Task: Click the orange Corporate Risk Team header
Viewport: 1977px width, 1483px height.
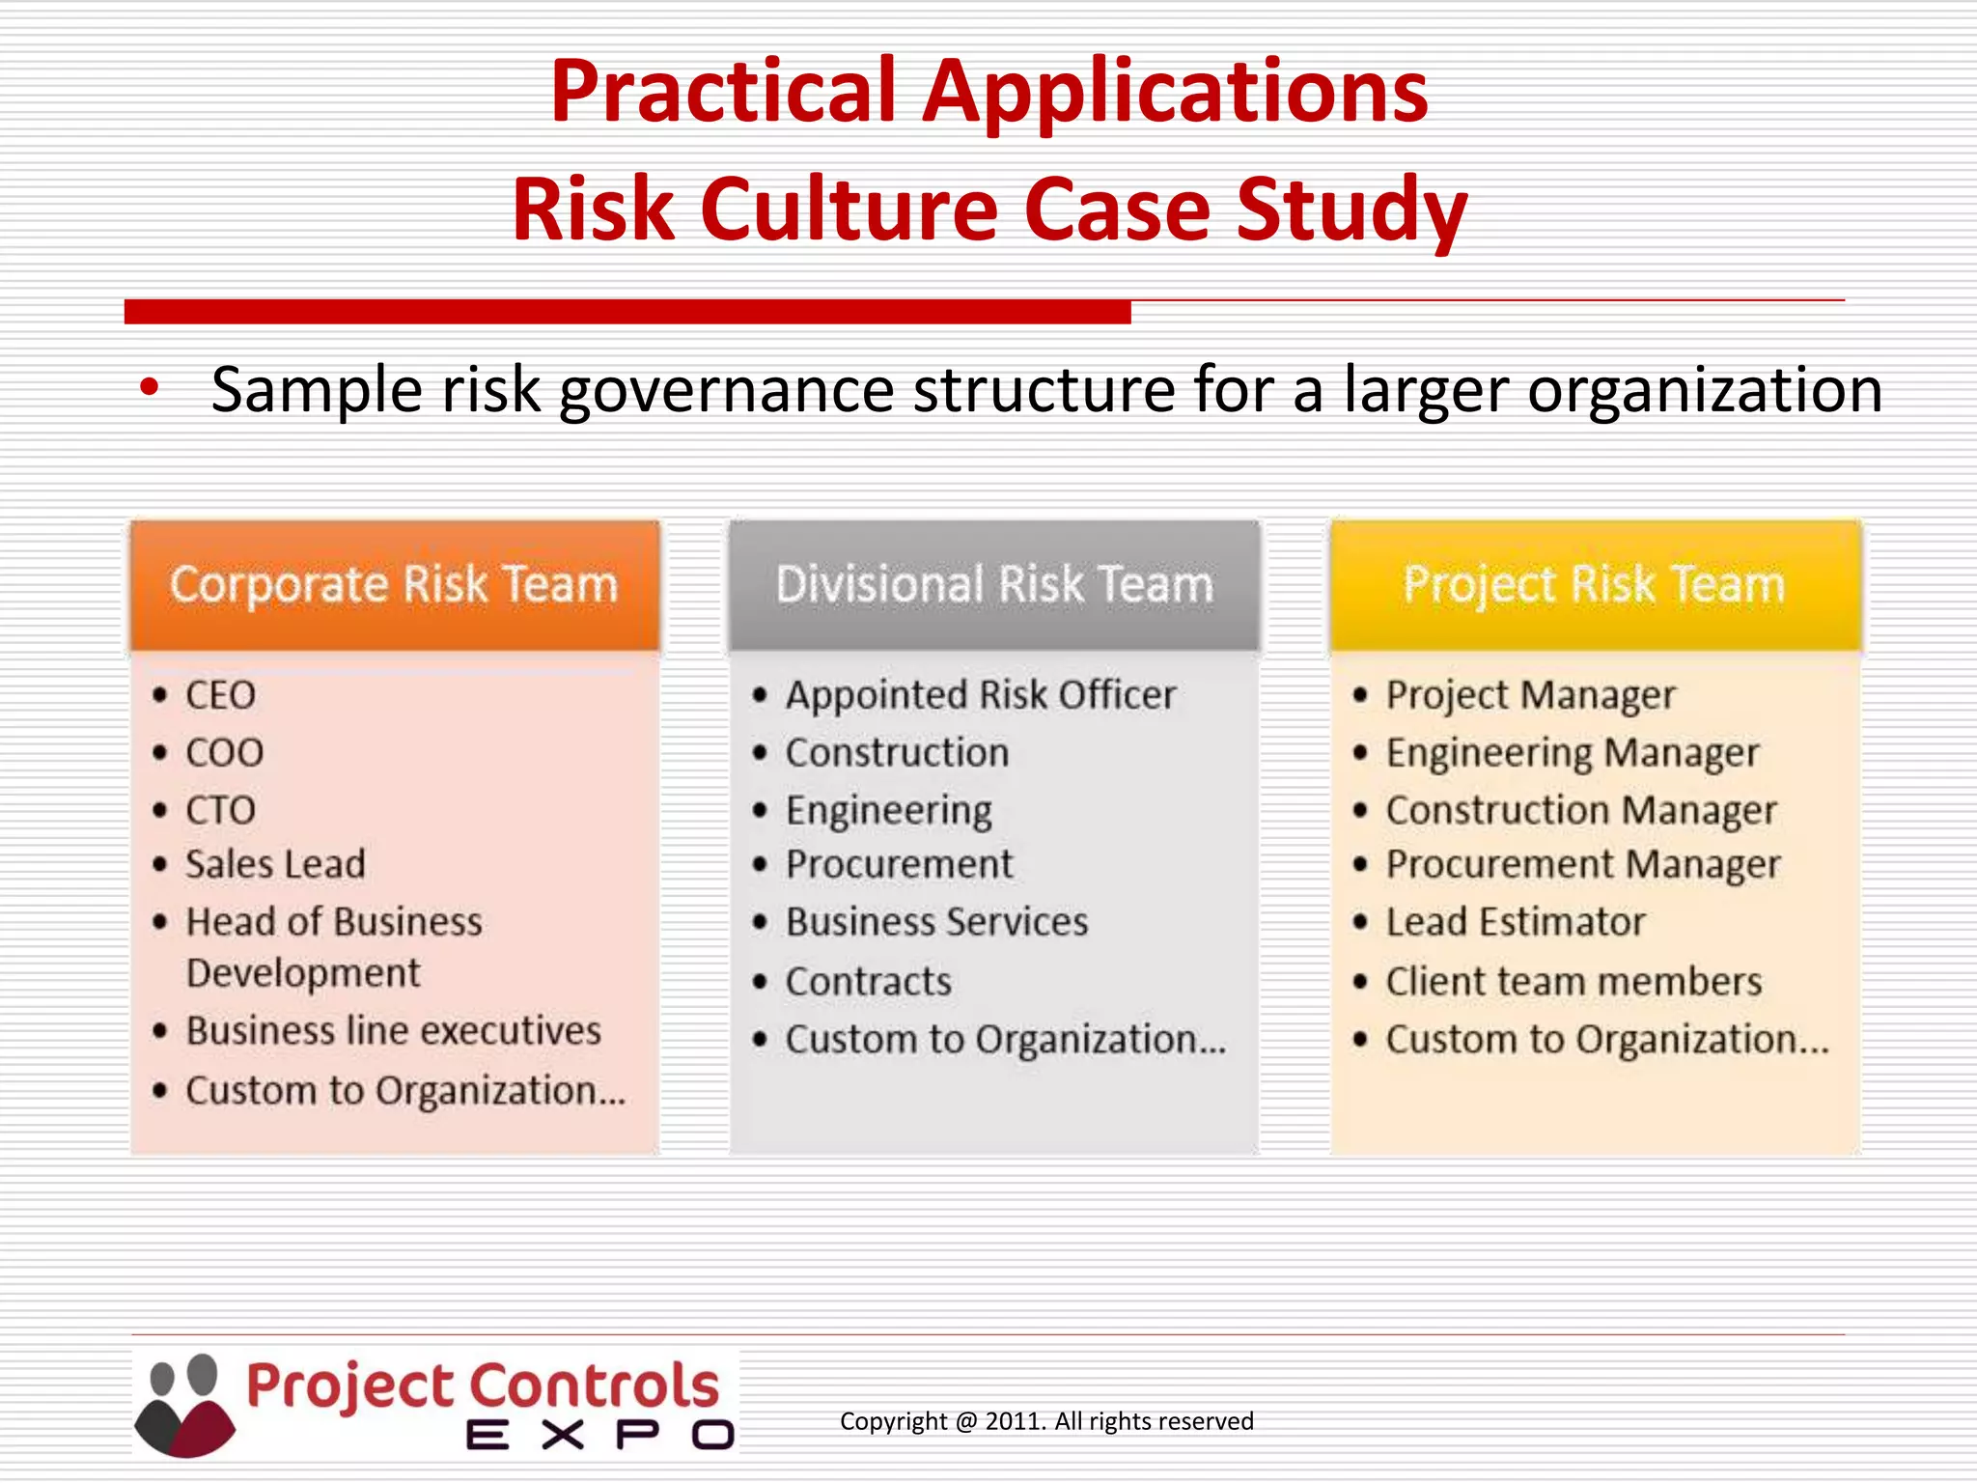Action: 395,585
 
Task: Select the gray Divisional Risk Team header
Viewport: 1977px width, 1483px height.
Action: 994,585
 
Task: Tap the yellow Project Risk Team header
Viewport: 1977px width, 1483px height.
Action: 1594,585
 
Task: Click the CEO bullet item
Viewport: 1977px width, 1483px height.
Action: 220,695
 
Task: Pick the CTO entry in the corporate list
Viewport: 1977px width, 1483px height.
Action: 220,810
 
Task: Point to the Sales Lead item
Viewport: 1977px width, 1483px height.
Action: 275,864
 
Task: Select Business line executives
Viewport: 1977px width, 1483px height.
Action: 393,1031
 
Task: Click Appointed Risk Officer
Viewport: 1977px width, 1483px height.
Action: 980,695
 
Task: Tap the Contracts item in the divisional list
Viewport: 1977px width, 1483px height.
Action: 868,982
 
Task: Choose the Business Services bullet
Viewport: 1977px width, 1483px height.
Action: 936,922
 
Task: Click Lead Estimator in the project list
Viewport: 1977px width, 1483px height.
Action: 1515,922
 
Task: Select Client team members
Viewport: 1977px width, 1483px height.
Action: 1573,982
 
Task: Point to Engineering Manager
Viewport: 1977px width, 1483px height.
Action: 1572,753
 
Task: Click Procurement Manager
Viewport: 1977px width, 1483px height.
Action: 1582,864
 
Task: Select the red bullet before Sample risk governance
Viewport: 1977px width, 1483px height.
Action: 149,388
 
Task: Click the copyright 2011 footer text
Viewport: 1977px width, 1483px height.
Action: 1046,1421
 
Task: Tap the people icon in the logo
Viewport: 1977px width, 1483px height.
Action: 185,1405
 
